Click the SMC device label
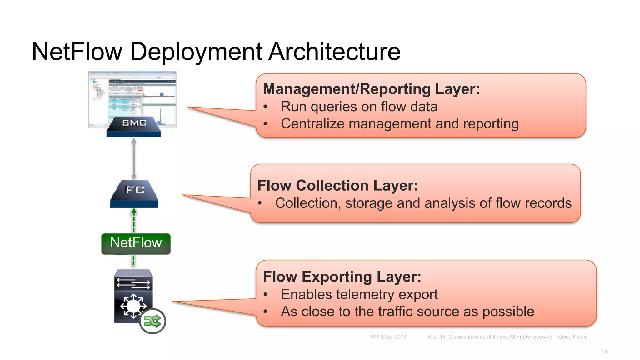coord(134,123)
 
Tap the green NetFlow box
coord(136,243)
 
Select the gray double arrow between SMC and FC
coord(134,159)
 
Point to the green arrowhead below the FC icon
coord(134,212)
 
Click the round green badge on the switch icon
coord(152,321)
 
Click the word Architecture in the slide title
coord(334,52)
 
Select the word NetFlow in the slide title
coord(77,52)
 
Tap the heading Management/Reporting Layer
coord(371,89)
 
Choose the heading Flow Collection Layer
coord(337,186)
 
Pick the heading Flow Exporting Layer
coord(342,277)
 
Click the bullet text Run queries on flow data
coord(359,107)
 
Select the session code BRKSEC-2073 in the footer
coord(388,337)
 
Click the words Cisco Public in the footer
coord(572,337)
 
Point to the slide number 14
coord(604,352)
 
